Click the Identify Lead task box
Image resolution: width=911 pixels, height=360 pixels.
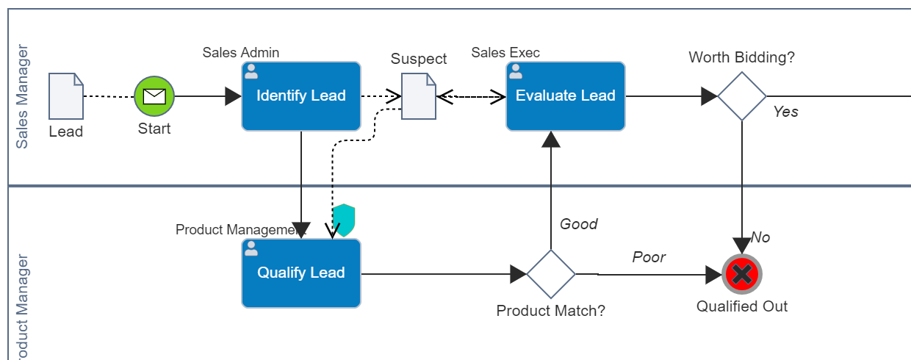click(300, 96)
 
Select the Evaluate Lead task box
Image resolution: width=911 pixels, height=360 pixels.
click(565, 96)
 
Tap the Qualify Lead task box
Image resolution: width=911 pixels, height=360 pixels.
click(300, 273)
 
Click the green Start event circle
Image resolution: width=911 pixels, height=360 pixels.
click(154, 96)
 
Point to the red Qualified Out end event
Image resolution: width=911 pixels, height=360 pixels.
click(742, 275)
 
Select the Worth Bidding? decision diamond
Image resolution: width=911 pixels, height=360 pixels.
click(742, 96)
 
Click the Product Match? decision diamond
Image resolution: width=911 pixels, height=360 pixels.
click(551, 274)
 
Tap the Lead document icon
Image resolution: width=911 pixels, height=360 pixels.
click(66, 96)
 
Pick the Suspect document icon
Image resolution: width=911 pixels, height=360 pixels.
click(419, 96)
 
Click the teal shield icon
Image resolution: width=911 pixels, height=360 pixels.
click(344, 220)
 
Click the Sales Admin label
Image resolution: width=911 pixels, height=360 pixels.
click(241, 53)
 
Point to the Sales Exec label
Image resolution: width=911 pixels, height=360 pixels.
click(505, 53)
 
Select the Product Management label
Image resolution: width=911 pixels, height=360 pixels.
click(240, 230)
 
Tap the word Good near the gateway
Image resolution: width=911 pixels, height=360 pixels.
click(579, 224)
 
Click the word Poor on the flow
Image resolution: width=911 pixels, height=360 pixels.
click(649, 257)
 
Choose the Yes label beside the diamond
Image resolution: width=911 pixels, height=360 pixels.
click(785, 112)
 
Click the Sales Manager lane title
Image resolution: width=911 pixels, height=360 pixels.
click(23, 96)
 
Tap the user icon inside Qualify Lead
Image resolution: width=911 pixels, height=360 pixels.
click(251, 248)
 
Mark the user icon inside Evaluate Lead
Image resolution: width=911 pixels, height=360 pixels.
click(516, 71)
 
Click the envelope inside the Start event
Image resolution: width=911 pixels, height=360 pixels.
click(154, 96)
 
